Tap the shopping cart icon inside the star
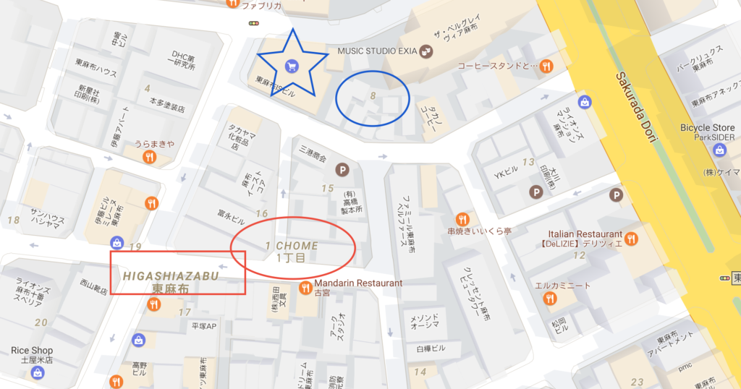pos(292,66)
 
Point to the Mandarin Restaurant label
pos(357,283)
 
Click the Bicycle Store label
pos(707,128)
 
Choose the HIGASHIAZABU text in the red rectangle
pos(172,275)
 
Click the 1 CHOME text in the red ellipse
pos(292,247)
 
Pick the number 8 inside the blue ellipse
pos(373,95)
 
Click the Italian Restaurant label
pos(585,234)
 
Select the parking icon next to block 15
pos(342,170)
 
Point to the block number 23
pos(637,382)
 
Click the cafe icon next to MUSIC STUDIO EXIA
pos(427,50)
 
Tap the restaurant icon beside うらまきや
pos(149,156)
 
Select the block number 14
pos(420,372)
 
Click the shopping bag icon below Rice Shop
pos(37,373)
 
